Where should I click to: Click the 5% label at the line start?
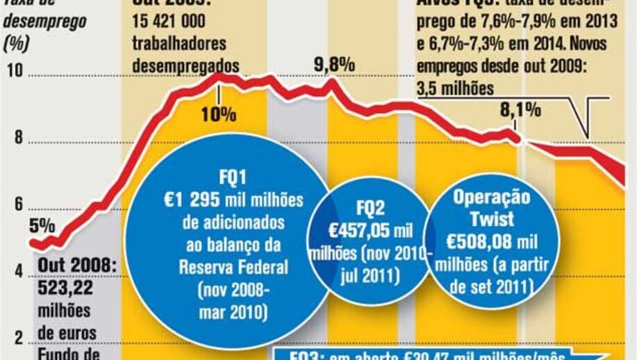pyautogui.click(x=41, y=226)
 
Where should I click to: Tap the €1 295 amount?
pyautogui.click(x=192, y=200)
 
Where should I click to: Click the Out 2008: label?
pyautogui.click(x=76, y=265)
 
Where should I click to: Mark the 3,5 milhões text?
pyautogui.click(x=455, y=88)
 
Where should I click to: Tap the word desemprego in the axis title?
pyautogui.click(x=45, y=21)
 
